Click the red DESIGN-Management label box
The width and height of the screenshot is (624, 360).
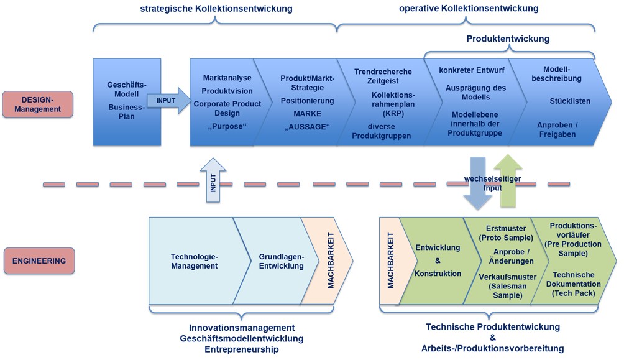(x=38, y=104)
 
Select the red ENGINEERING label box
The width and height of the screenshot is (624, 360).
(x=38, y=261)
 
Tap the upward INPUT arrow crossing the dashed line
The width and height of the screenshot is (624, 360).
(x=213, y=180)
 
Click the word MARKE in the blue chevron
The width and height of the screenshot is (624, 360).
(x=307, y=114)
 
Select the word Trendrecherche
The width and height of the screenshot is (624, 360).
(x=380, y=72)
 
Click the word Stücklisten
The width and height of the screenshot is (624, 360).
(x=569, y=101)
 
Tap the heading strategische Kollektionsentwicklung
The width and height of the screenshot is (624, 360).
(x=216, y=9)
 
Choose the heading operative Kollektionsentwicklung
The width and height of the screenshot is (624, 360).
(x=468, y=9)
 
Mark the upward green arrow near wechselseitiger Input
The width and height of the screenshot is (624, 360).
(x=510, y=181)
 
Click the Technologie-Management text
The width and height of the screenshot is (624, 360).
(x=194, y=261)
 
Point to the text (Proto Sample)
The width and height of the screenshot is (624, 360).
(x=506, y=238)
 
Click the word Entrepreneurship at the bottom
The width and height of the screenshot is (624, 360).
(x=241, y=350)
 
